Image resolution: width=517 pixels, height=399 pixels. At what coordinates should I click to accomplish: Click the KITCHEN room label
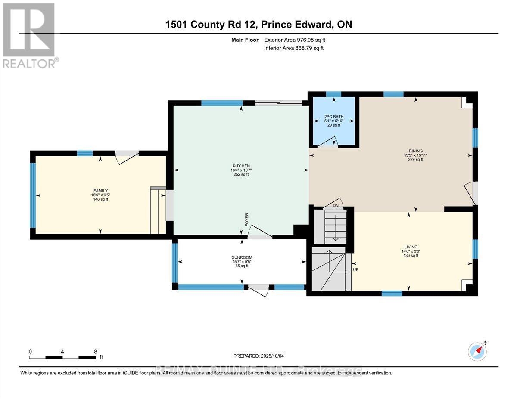pyautogui.click(x=241, y=166)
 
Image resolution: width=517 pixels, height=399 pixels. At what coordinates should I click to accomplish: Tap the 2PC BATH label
pyautogui.click(x=333, y=117)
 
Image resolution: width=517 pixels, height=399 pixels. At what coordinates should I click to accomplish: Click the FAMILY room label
pyautogui.click(x=100, y=191)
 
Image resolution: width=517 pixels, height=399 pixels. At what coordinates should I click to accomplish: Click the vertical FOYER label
pyautogui.click(x=247, y=219)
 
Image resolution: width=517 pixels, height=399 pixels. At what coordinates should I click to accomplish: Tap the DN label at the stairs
pyautogui.click(x=336, y=206)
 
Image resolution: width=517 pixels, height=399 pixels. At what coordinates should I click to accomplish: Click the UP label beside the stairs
pyautogui.click(x=356, y=270)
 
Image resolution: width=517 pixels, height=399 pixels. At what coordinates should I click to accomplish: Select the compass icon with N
pyautogui.click(x=477, y=351)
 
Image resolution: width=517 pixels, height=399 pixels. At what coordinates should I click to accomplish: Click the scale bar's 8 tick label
pyautogui.click(x=95, y=351)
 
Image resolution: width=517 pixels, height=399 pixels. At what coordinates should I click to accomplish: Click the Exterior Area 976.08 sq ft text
pyautogui.click(x=295, y=40)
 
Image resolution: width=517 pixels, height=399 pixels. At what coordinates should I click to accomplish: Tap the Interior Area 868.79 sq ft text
pyautogui.click(x=293, y=48)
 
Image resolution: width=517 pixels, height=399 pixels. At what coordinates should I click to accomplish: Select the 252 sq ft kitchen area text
pyautogui.click(x=241, y=174)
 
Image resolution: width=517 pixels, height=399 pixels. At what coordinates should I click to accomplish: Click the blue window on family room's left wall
pyautogui.click(x=32, y=195)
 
